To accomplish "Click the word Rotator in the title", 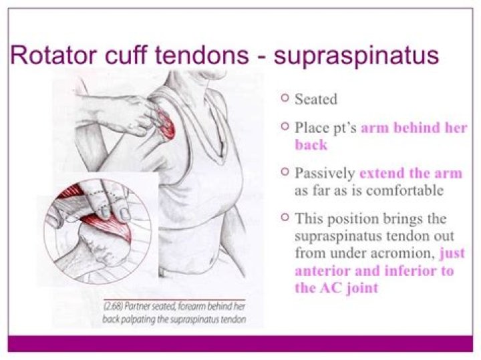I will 51,55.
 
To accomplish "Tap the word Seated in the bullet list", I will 316,100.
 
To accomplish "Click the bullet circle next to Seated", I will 285,98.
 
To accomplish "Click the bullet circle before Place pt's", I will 285,126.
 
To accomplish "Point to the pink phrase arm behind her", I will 414,127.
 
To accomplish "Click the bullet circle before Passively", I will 285,172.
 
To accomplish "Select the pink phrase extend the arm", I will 410,173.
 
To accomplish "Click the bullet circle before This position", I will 285,217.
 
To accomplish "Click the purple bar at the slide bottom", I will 240,343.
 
